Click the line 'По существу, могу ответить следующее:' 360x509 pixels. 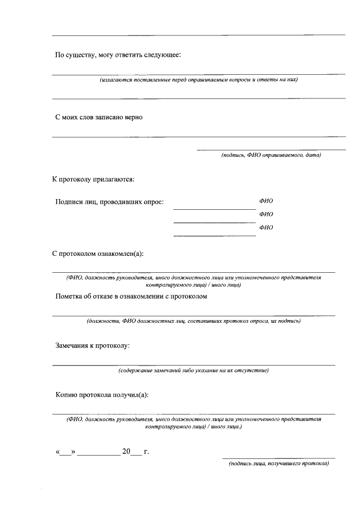(118, 55)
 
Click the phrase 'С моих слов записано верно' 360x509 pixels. (99, 117)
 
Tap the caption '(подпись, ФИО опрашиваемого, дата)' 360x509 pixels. (271, 155)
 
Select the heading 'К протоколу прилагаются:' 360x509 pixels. (93, 179)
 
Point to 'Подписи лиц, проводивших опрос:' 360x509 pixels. (110, 202)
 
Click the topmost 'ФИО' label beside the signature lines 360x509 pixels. (266, 201)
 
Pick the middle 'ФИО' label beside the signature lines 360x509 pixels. (266, 214)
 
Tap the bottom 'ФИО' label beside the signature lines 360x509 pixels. (266, 227)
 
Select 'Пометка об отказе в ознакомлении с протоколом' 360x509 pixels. (132, 296)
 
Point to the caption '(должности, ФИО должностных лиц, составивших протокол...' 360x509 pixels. (193, 321)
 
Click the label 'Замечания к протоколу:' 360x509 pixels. (92, 345)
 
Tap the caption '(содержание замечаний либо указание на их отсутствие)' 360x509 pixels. (193, 371)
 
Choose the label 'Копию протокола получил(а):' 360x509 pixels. (102, 394)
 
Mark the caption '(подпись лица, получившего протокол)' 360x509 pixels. (278, 464)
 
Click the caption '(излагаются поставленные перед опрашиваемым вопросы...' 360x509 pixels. (199, 80)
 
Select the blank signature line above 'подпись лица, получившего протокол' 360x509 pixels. (278, 458)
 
